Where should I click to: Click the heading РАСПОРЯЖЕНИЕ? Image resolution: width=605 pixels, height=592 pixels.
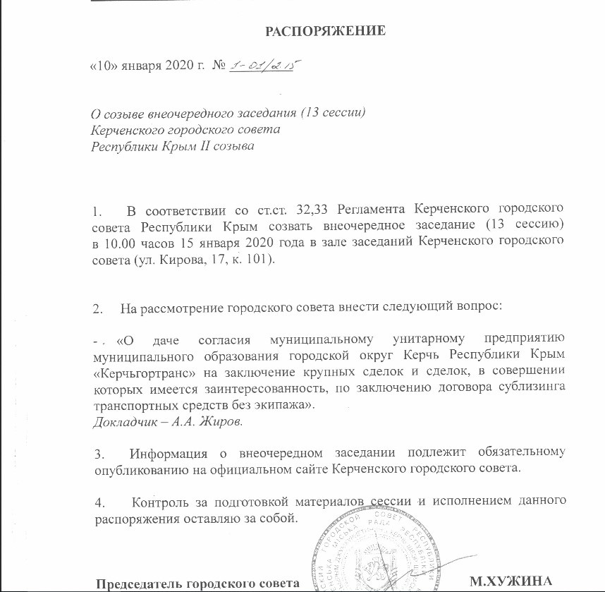click(325, 31)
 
